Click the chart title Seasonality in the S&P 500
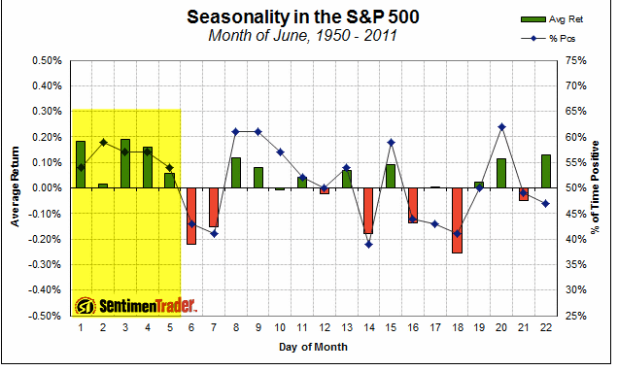coord(303,17)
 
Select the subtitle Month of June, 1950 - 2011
coord(302,35)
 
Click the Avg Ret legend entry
coord(551,19)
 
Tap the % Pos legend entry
coord(548,39)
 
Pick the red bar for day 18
coord(458,220)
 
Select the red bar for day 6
coord(191,217)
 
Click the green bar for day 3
coord(125,163)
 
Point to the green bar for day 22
coord(546,171)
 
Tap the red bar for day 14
coord(368,211)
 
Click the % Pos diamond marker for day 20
coord(501,127)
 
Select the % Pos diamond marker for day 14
coord(369,245)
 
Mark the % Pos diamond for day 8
coord(236,131)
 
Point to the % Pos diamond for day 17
coord(435,224)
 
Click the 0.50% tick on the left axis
coord(47,60)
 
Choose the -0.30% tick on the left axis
coord(46,265)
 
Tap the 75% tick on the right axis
coord(576,60)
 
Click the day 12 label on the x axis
coord(325,327)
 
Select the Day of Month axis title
coord(313,347)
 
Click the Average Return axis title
coord(15,186)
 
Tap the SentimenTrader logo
coord(136,306)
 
